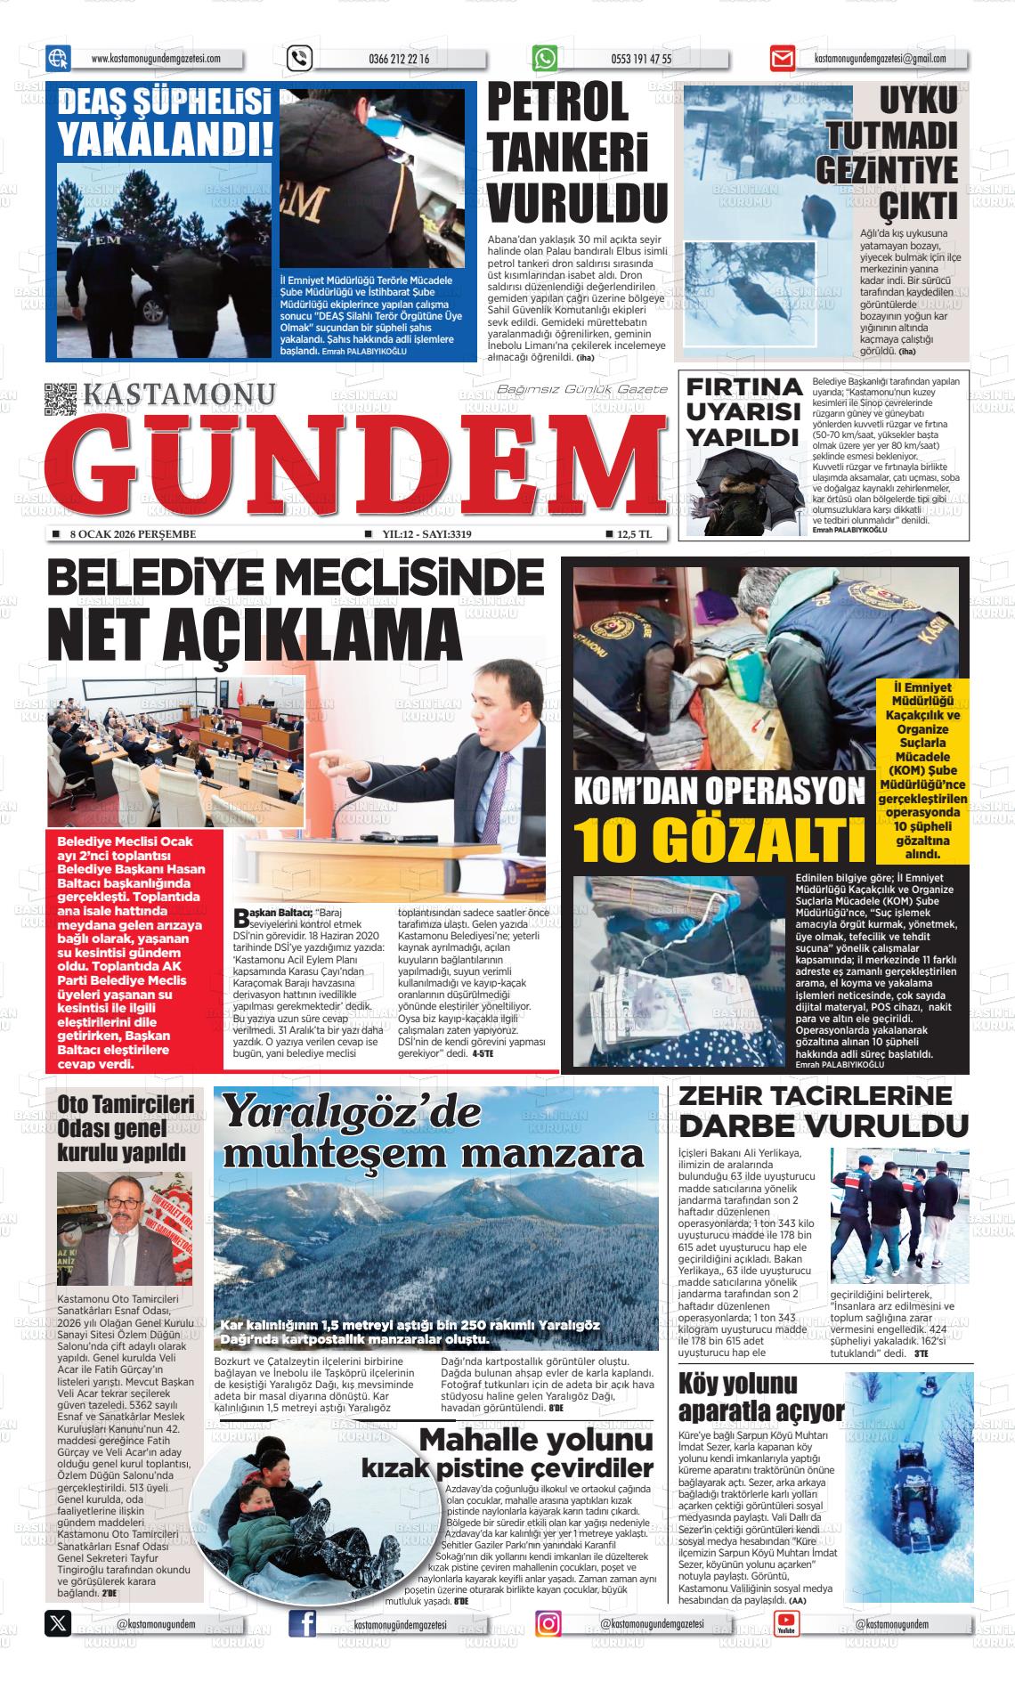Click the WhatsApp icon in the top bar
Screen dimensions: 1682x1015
click(x=544, y=59)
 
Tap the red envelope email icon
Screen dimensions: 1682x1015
click(x=782, y=60)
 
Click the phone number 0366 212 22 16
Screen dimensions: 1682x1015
click(x=398, y=60)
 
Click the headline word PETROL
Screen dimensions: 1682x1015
click(x=558, y=103)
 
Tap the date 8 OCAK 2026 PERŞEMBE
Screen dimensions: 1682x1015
click(x=132, y=534)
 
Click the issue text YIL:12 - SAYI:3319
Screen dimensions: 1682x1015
click(x=426, y=534)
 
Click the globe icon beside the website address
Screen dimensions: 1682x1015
click(x=58, y=59)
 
